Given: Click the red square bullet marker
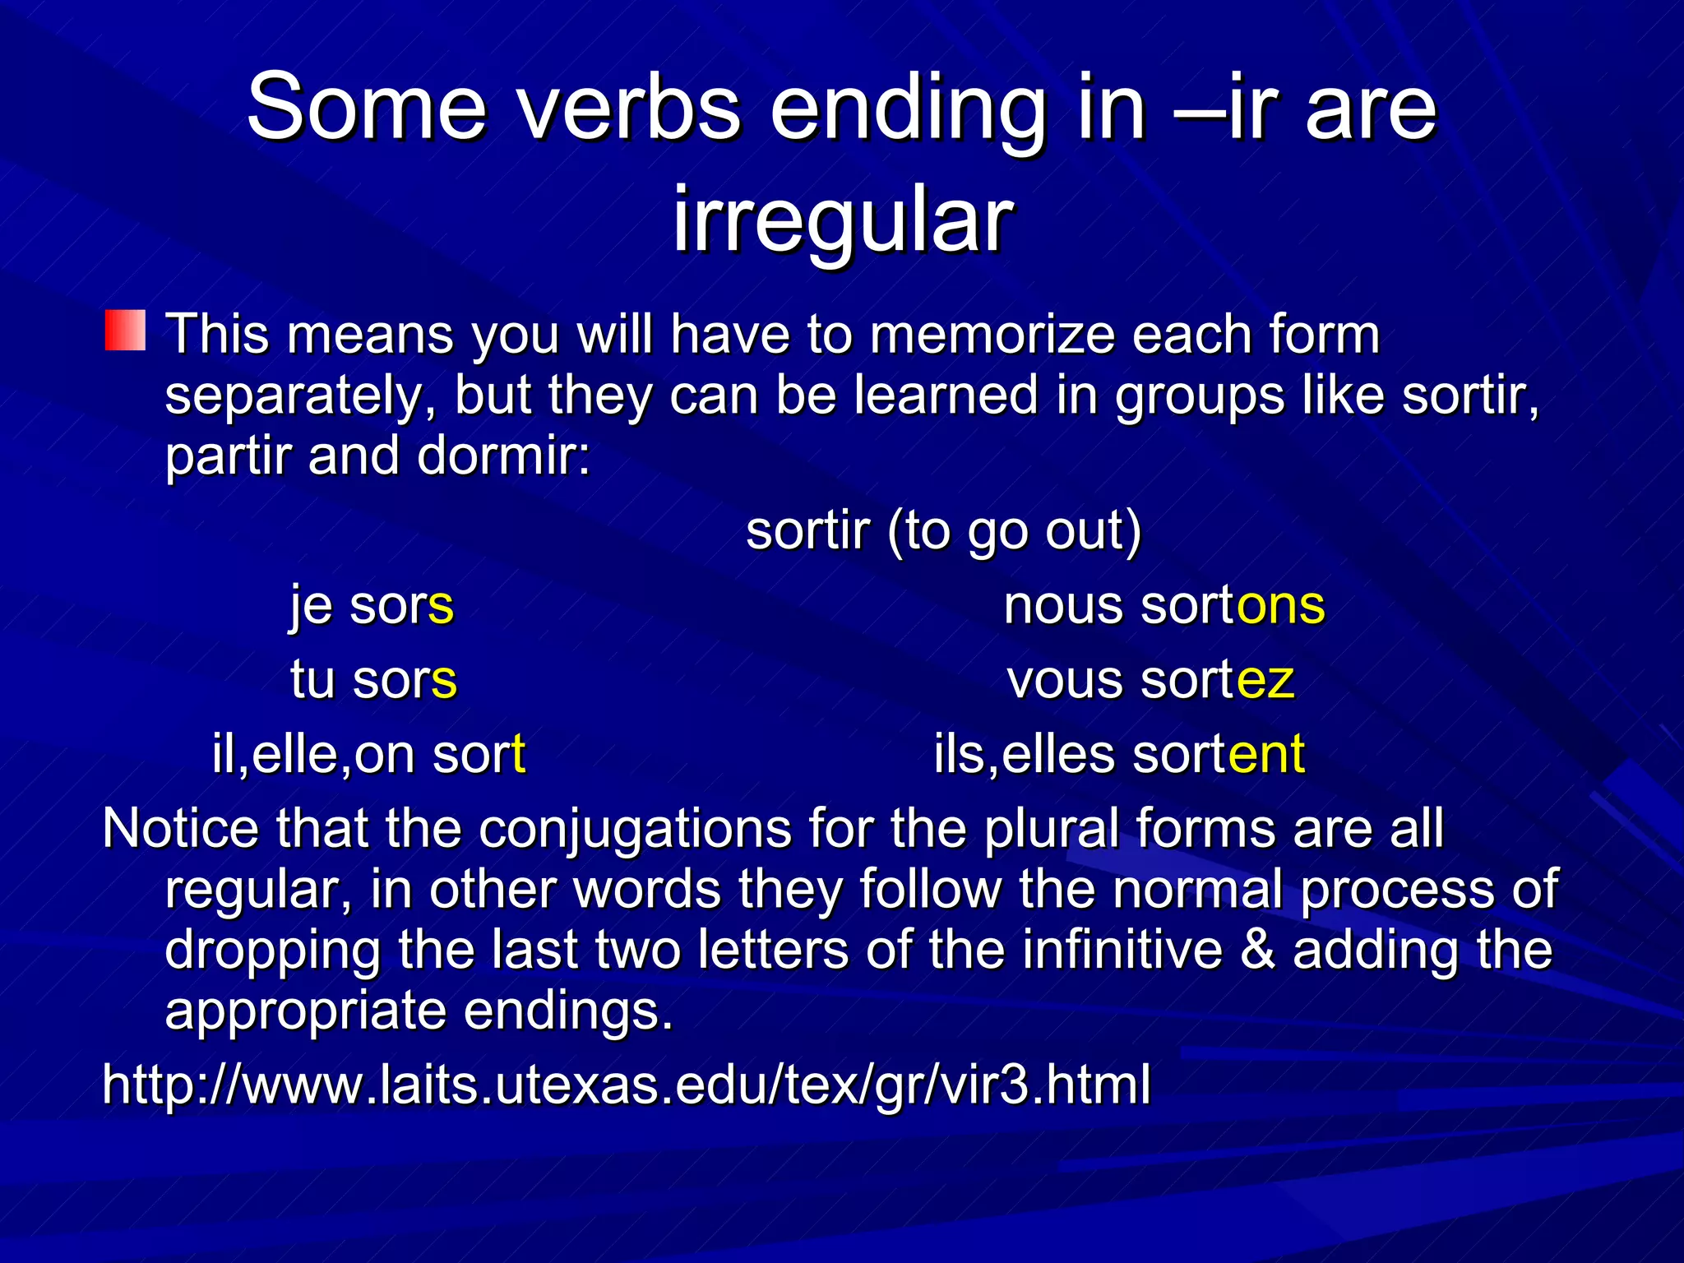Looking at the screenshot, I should tap(125, 331).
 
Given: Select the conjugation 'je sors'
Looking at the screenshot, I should tap(372, 606).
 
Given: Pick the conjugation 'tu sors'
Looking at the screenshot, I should tap(373, 681).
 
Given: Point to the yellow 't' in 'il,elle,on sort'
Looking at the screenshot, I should tap(518, 754).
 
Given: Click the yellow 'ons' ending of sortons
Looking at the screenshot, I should tap(1281, 606).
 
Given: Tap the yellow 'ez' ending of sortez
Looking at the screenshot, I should tap(1265, 681).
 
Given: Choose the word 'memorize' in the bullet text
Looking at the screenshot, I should tap(990, 335).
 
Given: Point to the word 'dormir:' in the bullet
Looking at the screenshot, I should tap(503, 456).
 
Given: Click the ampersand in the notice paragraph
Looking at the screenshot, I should tap(1258, 950).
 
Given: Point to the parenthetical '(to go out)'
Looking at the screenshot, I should tap(1015, 531).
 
